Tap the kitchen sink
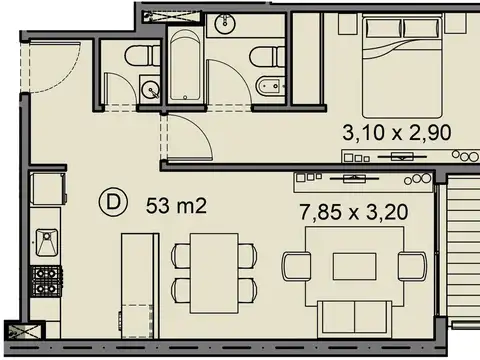point(47,241)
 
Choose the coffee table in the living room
point(354,265)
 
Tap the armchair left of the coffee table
point(295,266)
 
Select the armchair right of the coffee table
point(412,266)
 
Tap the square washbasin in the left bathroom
point(151,88)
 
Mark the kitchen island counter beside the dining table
point(139,285)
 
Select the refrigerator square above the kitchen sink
point(45,189)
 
